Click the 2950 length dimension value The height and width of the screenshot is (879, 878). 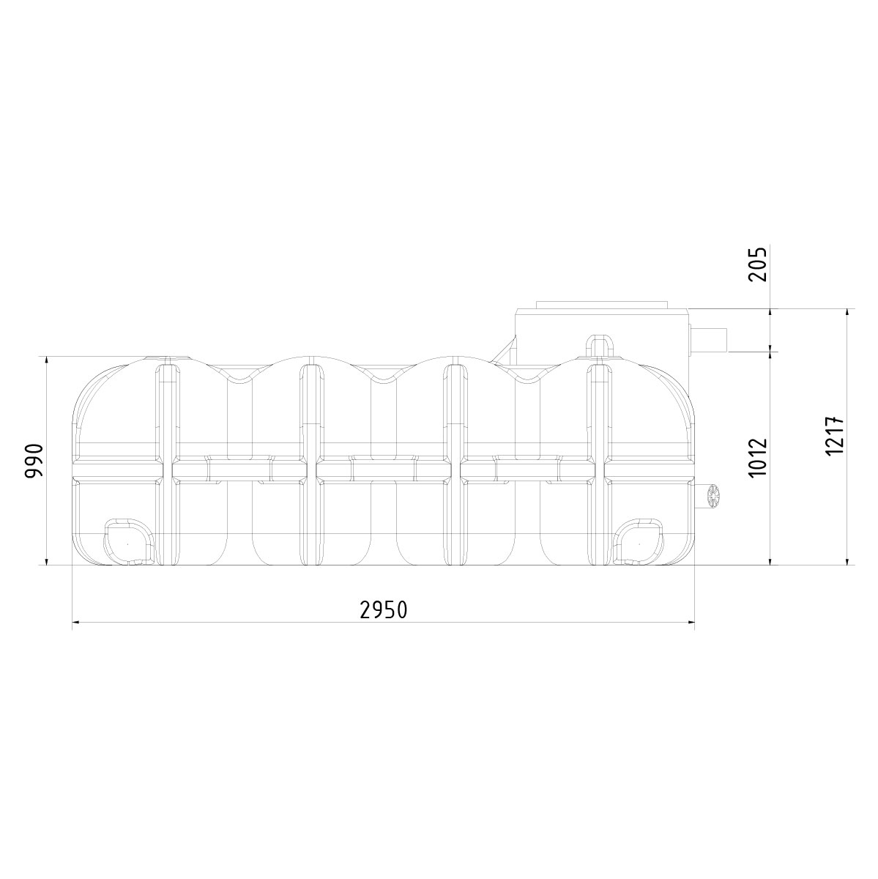point(383,609)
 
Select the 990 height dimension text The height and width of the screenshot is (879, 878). point(34,461)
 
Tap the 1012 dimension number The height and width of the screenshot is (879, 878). point(758,458)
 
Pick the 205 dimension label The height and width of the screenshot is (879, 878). point(758,264)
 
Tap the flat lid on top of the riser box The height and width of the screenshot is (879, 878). point(602,305)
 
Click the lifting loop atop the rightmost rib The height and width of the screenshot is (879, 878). point(600,345)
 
